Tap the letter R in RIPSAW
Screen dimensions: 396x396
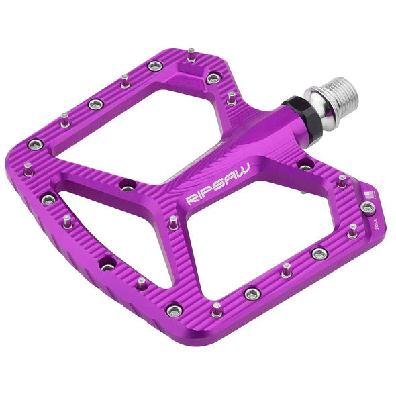click(x=190, y=199)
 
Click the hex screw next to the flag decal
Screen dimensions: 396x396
click(x=366, y=207)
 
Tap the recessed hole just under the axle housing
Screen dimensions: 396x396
click(x=305, y=165)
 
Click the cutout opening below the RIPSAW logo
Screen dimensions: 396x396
click(x=255, y=228)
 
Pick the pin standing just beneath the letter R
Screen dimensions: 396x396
click(x=173, y=221)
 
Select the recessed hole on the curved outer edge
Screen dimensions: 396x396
click(x=107, y=266)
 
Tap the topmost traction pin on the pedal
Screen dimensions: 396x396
click(x=191, y=54)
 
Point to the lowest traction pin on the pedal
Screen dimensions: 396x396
click(x=217, y=309)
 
